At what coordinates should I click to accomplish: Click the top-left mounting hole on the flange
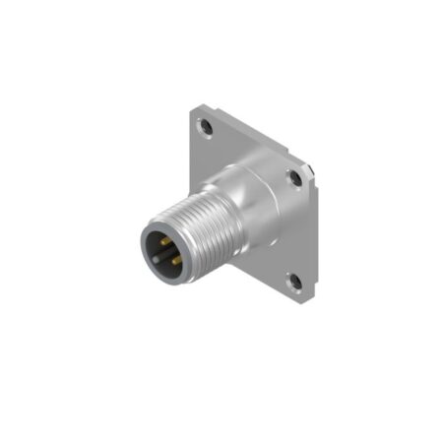point(206,127)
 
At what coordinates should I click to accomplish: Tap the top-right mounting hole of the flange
point(294,177)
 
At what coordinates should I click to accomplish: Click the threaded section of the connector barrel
point(192,236)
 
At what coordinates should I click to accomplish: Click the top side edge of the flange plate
point(251,132)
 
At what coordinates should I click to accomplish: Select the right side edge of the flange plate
point(314,231)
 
